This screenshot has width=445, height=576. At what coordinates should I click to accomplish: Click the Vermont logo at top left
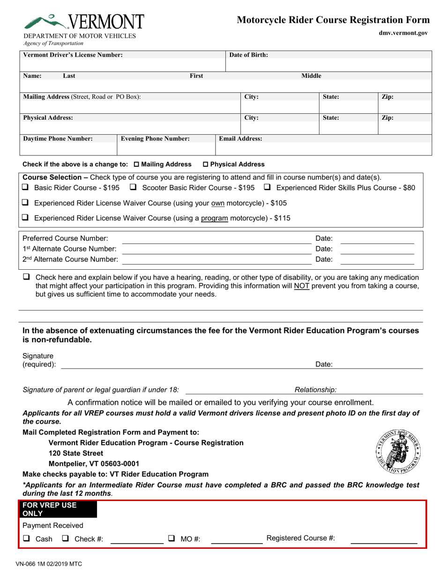[84, 22]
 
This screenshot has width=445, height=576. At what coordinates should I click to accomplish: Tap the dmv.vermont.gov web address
[403, 33]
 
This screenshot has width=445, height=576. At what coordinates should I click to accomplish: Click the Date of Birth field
[328, 65]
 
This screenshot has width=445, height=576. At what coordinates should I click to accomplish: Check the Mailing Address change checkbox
[137, 164]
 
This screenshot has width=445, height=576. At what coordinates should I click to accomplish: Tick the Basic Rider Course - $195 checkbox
[26, 187]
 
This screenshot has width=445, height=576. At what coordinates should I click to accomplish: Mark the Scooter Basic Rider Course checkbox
[133, 187]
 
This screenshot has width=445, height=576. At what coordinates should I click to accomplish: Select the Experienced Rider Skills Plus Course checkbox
[267, 187]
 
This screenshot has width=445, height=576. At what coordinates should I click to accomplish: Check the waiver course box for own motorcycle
[26, 203]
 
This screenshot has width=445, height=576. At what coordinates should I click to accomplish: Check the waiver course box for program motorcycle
[26, 218]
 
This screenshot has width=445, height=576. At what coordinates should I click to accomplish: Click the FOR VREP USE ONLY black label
[57, 509]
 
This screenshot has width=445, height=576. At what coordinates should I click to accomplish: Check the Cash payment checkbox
[27, 539]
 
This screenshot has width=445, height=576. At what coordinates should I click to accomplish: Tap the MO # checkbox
[172, 539]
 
